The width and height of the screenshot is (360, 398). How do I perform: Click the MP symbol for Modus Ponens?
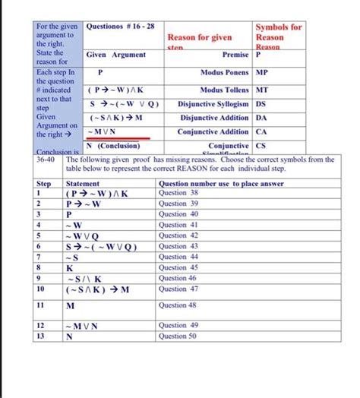tap(262, 74)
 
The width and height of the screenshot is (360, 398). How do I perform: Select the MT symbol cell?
tap(261, 90)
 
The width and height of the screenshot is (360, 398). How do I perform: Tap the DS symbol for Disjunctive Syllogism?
tap(261, 104)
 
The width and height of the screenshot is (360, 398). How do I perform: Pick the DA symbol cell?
tap(261, 118)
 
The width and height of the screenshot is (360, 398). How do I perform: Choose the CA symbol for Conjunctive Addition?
tap(261, 131)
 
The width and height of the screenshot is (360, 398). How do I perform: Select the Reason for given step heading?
tap(200, 37)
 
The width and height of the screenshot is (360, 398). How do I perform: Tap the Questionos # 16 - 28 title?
tap(120, 27)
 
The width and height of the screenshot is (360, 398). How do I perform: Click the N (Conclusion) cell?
tap(113, 146)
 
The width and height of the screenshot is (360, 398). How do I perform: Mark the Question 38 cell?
tap(178, 193)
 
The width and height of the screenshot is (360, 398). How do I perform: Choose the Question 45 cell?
tap(178, 267)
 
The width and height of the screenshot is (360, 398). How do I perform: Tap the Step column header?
tap(44, 183)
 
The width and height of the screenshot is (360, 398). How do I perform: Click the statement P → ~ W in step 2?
tap(85, 204)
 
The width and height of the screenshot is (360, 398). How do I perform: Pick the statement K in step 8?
tap(71, 267)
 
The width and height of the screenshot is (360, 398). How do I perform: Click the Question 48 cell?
tap(178, 305)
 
